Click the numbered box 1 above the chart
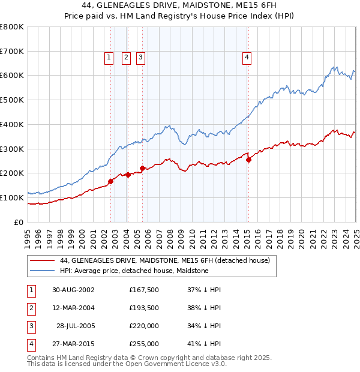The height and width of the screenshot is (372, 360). pyautogui.click(x=109, y=58)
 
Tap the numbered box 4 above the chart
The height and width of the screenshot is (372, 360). pyautogui.click(x=247, y=58)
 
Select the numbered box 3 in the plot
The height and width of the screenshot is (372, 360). pyautogui.click(x=140, y=58)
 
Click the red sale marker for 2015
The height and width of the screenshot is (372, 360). pyautogui.click(x=248, y=159)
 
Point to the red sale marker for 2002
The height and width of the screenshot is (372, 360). pyautogui.click(x=111, y=181)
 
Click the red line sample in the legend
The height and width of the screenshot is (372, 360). pyautogui.click(x=43, y=260)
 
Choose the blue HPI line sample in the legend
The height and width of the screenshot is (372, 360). pyautogui.click(x=43, y=271)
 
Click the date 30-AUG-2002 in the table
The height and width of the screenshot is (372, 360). pyautogui.click(x=74, y=290)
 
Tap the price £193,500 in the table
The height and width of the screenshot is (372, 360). pyautogui.click(x=143, y=308)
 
